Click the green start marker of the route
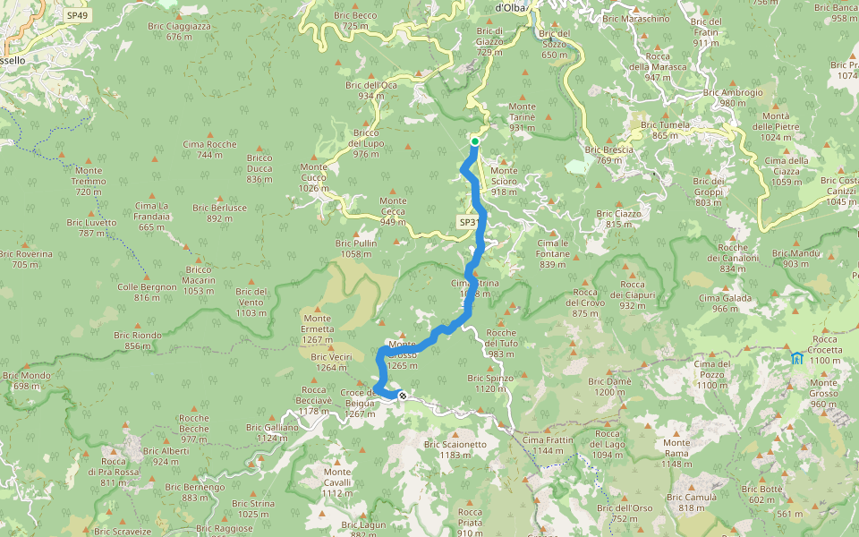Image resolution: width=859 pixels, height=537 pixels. click(474, 141)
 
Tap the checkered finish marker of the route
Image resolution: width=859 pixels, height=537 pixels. click(404, 394)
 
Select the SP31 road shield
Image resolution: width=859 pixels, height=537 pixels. click(469, 222)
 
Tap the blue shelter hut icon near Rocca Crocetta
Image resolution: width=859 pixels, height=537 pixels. click(796, 358)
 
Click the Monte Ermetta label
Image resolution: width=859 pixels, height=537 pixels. click(319, 323)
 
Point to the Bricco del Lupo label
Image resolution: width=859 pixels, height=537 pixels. click(366, 143)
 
